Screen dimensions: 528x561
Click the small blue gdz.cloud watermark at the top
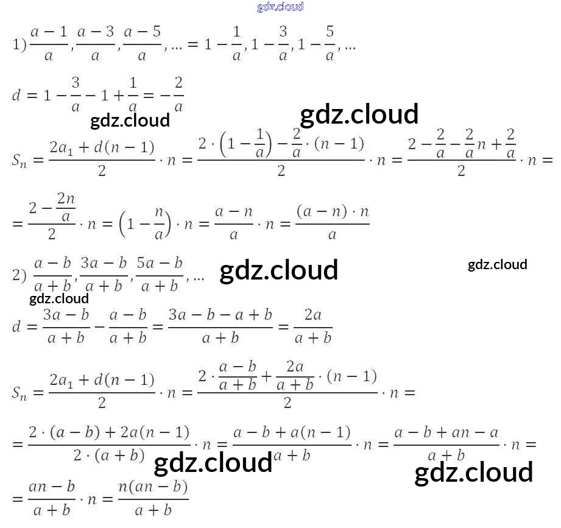tap(280, 7)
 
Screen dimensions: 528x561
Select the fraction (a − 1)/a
tap(49, 44)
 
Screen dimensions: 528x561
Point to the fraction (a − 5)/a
tap(142, 44)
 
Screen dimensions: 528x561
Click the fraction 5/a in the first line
tap(330, 44)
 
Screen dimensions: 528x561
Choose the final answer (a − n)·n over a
tap(333, 223)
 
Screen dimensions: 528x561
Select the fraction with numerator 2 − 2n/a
tap(52, 216)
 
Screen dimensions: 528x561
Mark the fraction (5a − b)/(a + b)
tap(160, 275)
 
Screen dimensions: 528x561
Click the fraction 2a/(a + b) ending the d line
tap(312, 326)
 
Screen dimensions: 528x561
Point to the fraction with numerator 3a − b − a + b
tap(220, 326)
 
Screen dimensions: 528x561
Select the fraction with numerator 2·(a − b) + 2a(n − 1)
tap(109, 444)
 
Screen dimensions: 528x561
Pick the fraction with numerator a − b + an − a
tap(446, 444)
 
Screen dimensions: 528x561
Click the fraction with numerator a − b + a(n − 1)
tap(292, 444)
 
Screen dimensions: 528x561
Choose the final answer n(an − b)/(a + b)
tap(153, 499)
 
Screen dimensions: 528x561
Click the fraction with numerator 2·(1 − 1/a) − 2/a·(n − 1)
tap(281, 157)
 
